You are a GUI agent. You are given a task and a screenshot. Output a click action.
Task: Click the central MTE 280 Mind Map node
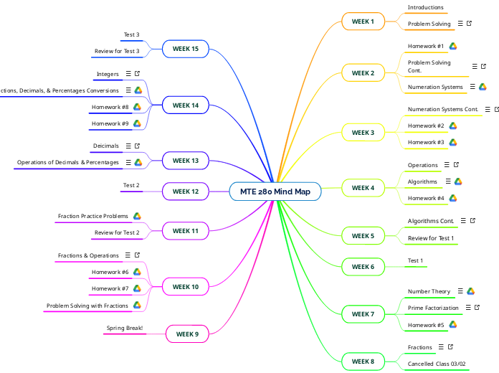[275, 192]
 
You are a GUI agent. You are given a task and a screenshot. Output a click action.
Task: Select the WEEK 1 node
[363, 22]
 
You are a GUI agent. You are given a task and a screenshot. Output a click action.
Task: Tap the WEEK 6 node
[363, 267]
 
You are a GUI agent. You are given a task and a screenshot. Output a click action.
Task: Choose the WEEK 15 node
[186, 49]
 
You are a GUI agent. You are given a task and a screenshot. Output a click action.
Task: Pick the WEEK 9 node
[187, 334]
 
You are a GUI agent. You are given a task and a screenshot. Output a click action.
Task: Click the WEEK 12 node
[186, 192]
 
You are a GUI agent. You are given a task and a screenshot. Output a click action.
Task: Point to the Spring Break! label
[125, 329]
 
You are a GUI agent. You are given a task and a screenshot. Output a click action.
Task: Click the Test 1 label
[415, 260]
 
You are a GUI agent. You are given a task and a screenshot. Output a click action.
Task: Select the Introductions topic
[425, 7]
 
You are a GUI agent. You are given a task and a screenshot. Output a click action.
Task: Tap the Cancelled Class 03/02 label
[437, 364]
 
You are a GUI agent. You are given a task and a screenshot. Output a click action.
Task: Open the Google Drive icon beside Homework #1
[453, 46]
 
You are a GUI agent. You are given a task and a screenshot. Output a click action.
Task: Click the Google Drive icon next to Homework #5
[453, 325]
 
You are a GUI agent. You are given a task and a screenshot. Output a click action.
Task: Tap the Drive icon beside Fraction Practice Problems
[137, 216]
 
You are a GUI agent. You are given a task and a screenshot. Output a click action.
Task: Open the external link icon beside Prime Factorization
[477, 308]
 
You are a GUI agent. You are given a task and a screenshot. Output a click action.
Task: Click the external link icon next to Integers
[137, 74]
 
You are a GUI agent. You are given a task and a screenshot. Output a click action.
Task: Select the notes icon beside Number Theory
[460, 291]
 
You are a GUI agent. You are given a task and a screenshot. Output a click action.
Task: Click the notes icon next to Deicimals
[128, 146]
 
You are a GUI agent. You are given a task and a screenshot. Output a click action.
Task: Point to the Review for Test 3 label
[117, 51]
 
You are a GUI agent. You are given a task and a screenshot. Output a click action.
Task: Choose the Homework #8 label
[110, 107]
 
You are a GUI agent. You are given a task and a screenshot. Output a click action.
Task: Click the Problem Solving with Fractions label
[87, 306]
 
